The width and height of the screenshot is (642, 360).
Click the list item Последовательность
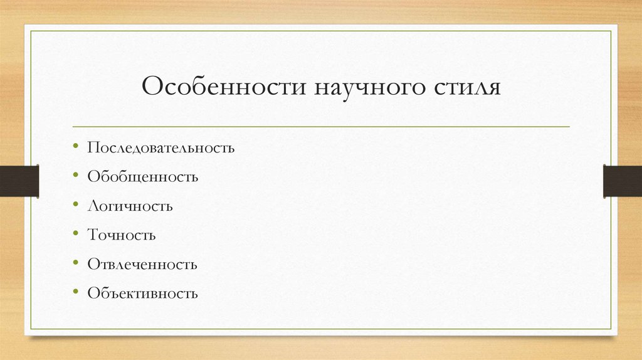161,149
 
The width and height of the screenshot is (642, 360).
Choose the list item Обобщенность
143,177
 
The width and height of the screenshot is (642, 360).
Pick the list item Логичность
130,206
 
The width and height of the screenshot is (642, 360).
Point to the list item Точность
122,235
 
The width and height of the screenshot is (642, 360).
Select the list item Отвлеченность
143,264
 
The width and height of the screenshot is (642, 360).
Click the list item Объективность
143,293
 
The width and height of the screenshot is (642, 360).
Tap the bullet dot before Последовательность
75,148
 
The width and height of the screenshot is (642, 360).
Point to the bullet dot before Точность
75,235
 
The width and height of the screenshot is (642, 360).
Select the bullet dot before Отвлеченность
75,263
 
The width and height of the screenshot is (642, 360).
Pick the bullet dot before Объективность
75,292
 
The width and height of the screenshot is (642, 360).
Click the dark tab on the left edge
19,181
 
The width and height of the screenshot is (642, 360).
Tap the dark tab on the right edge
623,181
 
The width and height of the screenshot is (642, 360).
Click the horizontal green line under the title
321,127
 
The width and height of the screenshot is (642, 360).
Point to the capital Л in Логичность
92,206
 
